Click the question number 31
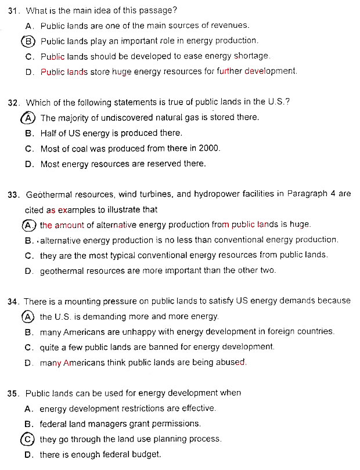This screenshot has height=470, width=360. pyautogui.click(x=15, y=11)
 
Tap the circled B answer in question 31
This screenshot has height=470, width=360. pyautogui.click(x=28, y=41)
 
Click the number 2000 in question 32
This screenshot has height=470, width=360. pyautogui.click(x=209, y=148)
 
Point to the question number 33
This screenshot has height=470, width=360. pyautogui.click(x=15, y=194)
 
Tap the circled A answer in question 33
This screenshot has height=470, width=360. pyautogui.click(x=28, y=225)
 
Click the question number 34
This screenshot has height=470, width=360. pyautogui.click(x=15, y=301)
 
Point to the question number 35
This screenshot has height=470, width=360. pyautogui.click(x=15, y=393)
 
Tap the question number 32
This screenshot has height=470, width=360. pyautogui.click(x=15, y=102)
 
